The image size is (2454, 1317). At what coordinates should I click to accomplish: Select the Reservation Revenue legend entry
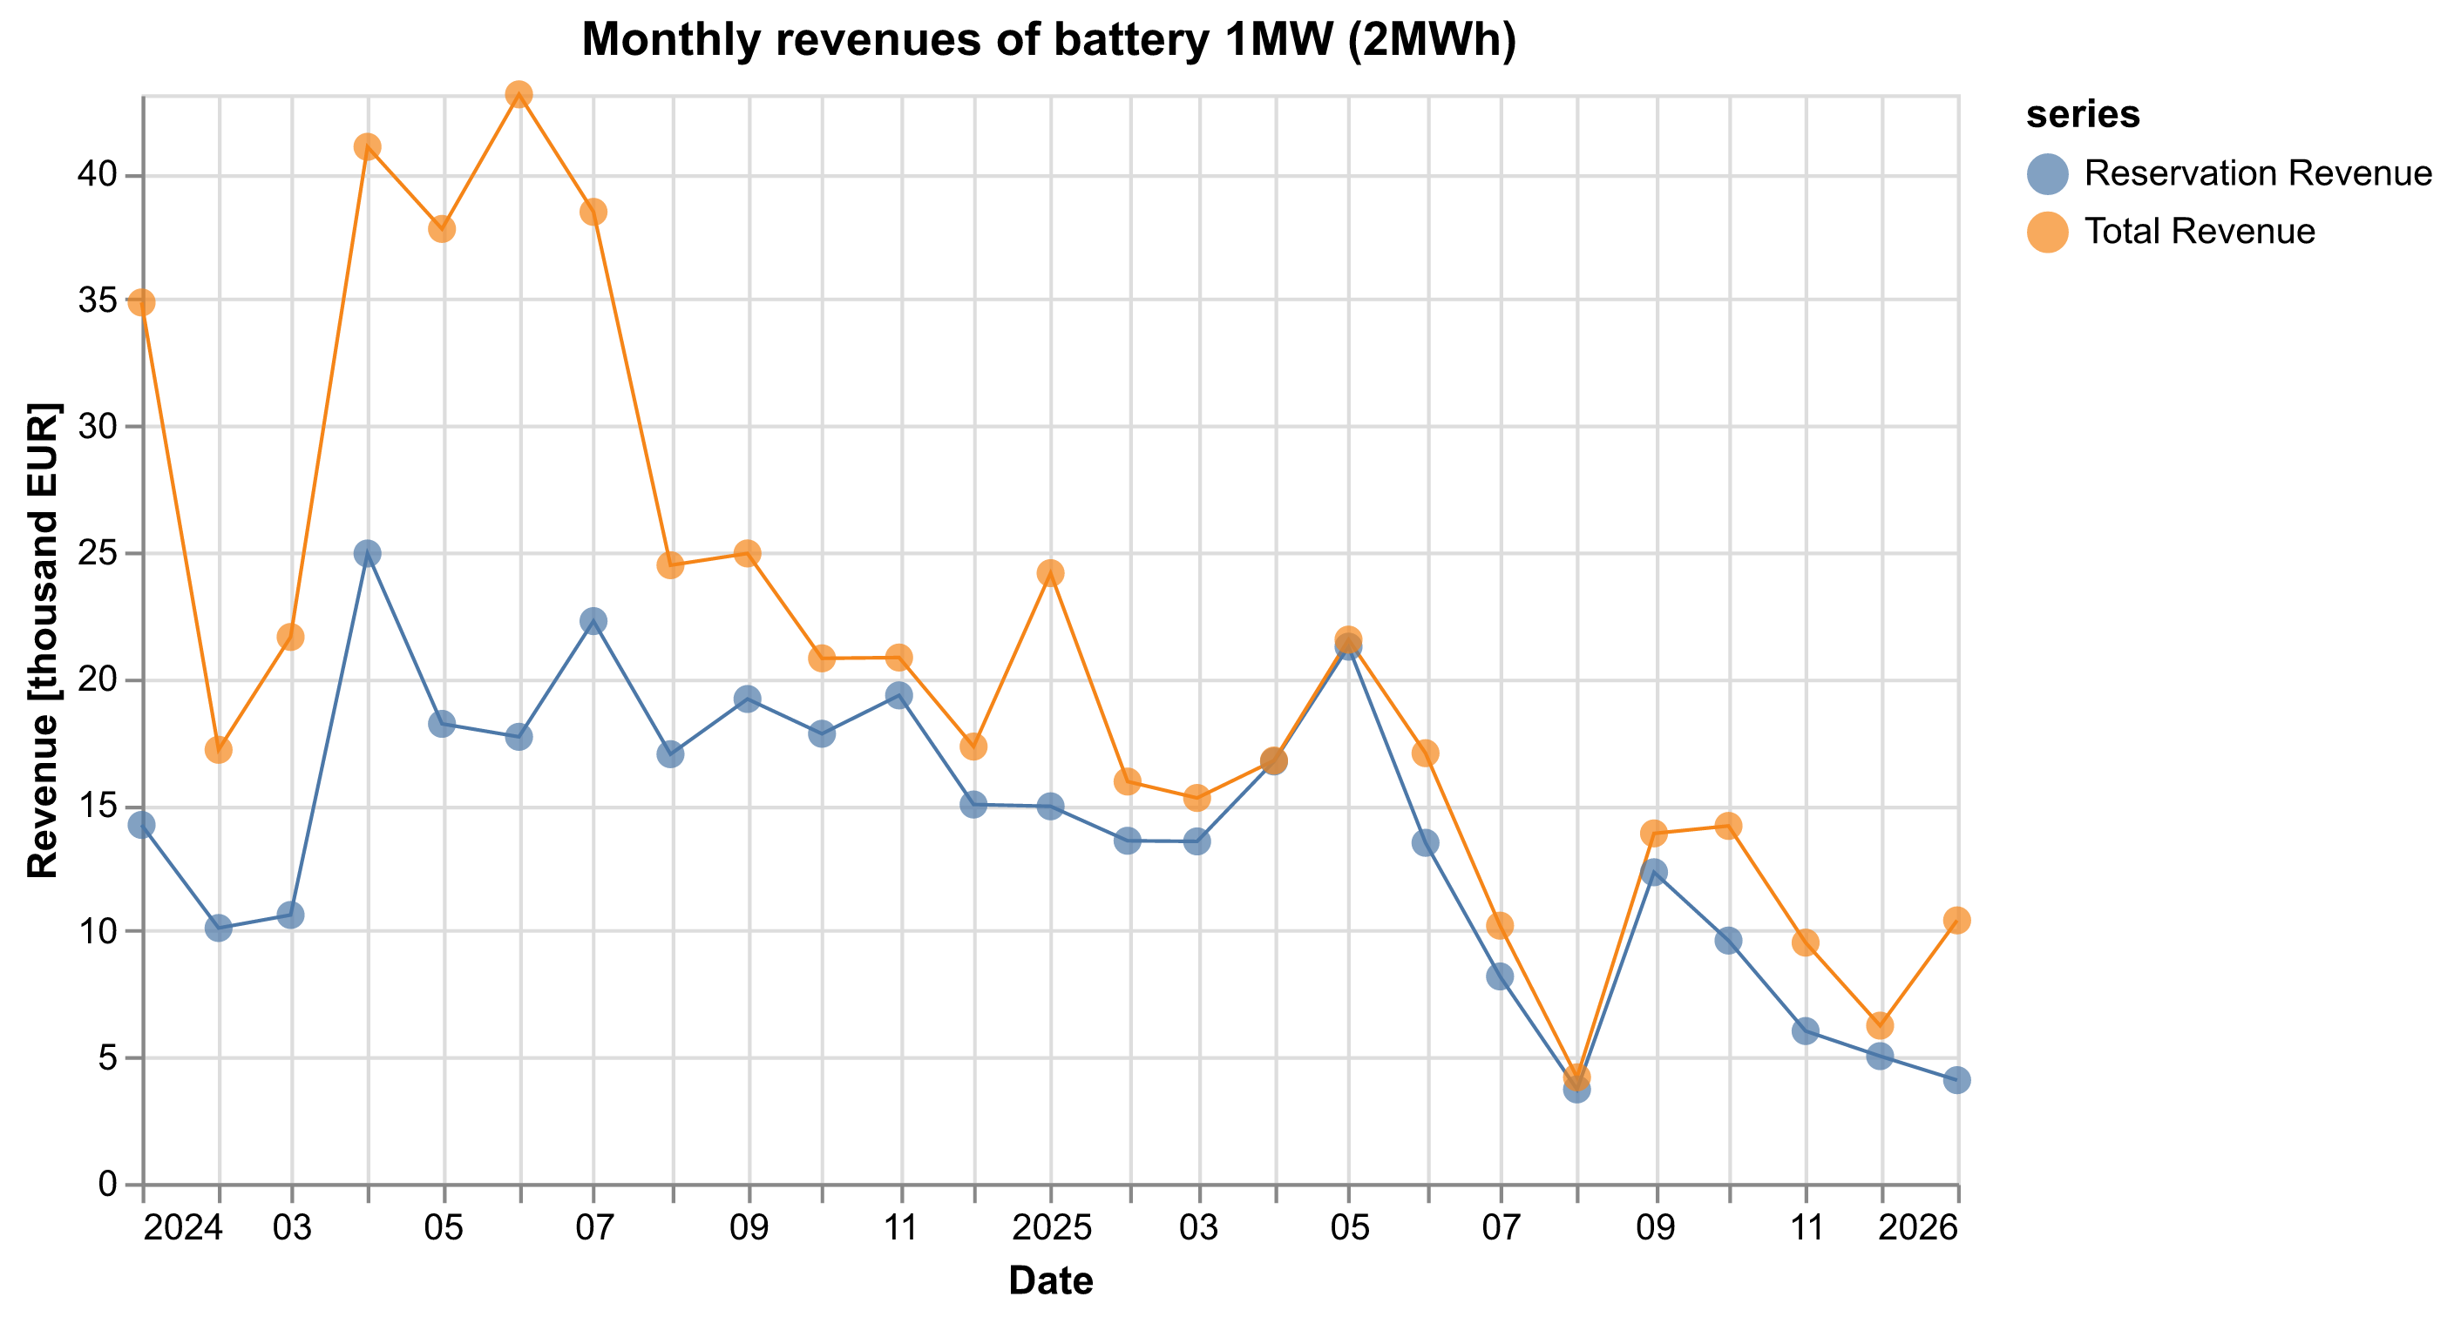coord(2228,173)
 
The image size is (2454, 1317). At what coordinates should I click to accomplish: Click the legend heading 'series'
coord(2083,115)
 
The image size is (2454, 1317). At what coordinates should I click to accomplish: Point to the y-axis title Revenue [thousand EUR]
coord(43,640)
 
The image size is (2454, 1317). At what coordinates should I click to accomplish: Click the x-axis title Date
coord(1050,1280)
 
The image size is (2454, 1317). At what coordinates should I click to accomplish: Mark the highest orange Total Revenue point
coord(519,94)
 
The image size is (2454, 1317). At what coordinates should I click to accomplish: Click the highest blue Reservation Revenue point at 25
coord(368,553)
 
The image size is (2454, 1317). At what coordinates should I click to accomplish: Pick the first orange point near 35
coord(142,303)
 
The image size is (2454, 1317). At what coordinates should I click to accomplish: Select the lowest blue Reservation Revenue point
coord(1576,1090)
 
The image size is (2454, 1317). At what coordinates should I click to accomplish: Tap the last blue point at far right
coord(1956,1080)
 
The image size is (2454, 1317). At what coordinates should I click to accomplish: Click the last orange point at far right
coord(1956,920)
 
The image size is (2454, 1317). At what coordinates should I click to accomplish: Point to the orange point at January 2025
coord(1050,573)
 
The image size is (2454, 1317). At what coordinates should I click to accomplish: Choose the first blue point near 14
coord(142,825)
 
